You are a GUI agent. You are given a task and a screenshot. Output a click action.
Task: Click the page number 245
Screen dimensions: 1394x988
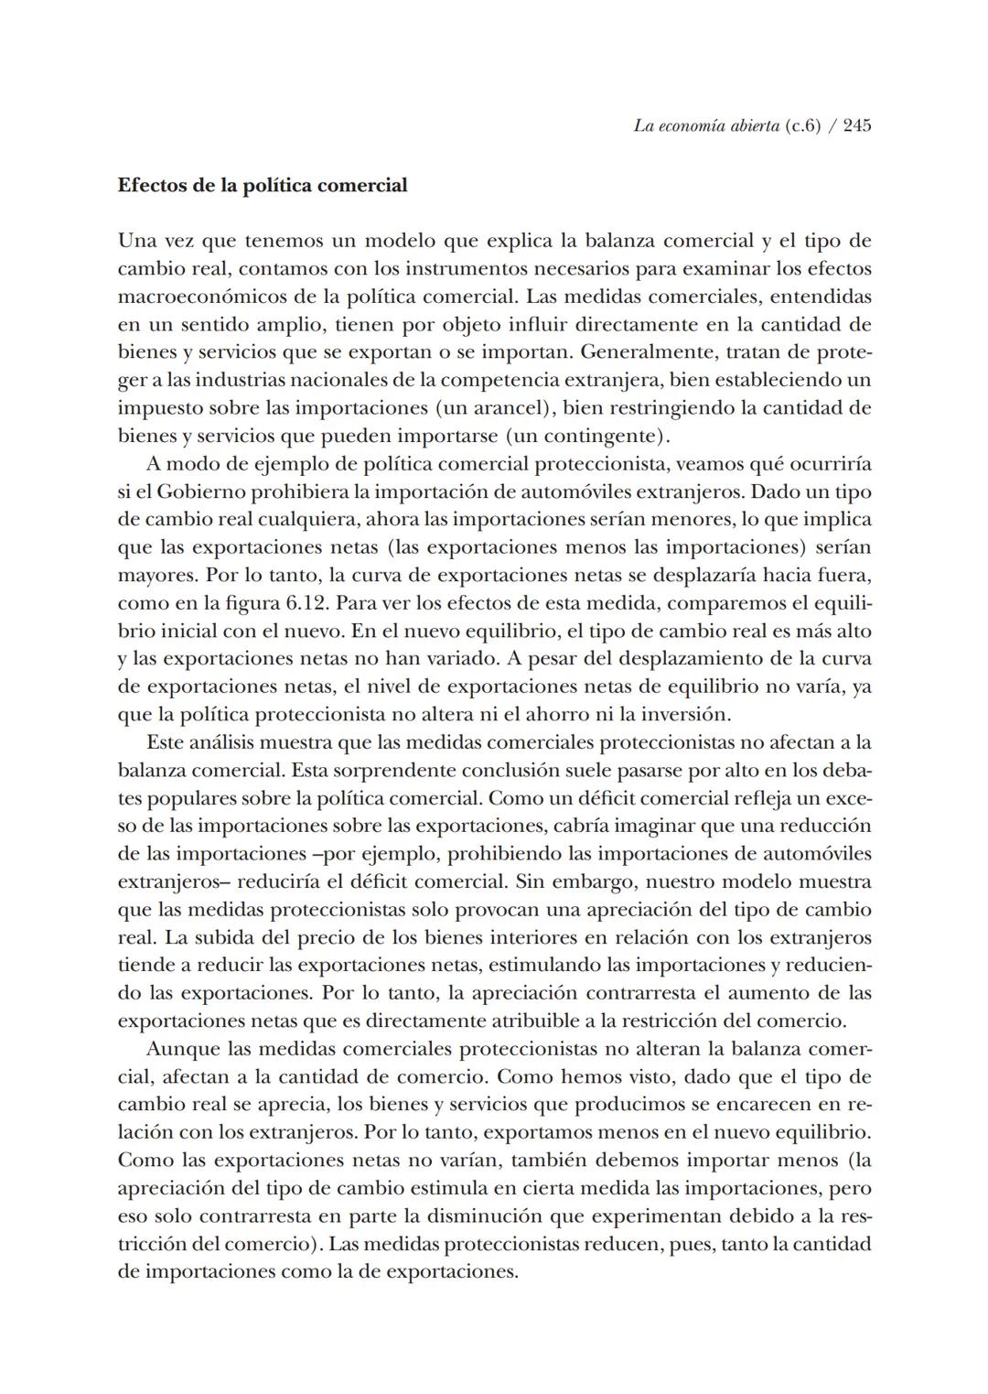point(856,126)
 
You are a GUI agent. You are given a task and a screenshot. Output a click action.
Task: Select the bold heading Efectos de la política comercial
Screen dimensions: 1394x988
point(263,186)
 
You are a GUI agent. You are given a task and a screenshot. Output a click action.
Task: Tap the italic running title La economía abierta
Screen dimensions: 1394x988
point(705,126)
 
